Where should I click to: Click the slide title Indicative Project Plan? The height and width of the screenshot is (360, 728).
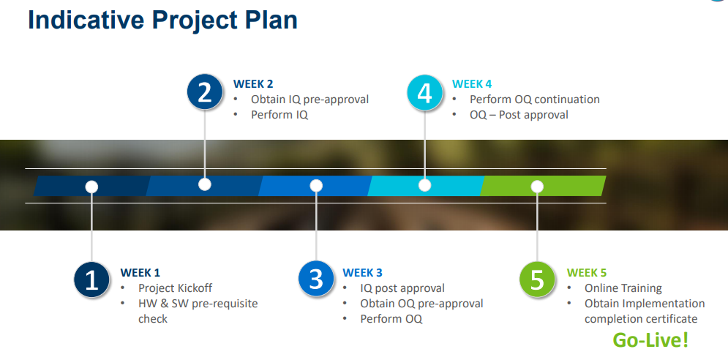pos(162,20)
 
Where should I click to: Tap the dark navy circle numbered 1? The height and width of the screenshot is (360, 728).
pos(92,280)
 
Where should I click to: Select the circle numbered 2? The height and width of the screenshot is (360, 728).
pos(205,92)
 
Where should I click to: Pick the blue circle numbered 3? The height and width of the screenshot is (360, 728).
pos(316,280)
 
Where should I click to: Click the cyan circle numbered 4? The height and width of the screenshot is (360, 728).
pos(425,92)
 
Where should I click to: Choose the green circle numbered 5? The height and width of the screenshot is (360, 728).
pos(537,280)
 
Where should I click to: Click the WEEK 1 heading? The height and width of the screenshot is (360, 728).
pos(140,273)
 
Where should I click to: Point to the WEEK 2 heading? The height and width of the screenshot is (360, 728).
pos(253,84)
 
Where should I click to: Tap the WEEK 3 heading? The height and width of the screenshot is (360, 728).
pos(363,273)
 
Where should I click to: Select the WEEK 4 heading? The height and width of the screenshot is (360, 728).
pos(472,84)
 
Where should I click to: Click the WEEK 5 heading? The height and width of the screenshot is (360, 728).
pos(587,273)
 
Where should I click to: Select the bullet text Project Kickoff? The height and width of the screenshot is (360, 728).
pos(175,288)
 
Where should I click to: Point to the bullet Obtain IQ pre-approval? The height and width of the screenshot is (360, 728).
pos(309,100)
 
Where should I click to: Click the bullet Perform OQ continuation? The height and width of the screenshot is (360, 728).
pos(535,100)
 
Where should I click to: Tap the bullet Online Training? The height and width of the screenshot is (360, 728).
pos(623,288)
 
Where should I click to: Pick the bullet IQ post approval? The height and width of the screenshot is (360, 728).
pos(402,288)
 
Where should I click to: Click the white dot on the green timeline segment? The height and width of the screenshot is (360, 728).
pos(537,187)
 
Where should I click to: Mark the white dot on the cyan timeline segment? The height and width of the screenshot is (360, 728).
pos(425,185)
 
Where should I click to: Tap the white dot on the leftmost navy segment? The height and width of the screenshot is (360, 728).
pos(92,187)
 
